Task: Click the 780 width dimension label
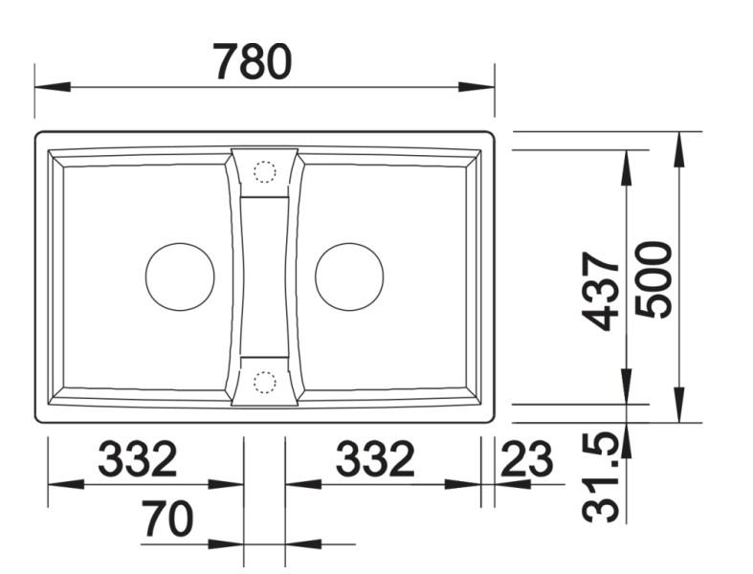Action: [x=252, y=62]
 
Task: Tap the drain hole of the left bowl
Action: [x=179, y=276]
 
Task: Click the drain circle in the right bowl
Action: [x=349, y=276]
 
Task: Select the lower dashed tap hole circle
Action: [x=264, y=383]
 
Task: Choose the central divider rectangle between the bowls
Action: [x=264, y=277]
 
